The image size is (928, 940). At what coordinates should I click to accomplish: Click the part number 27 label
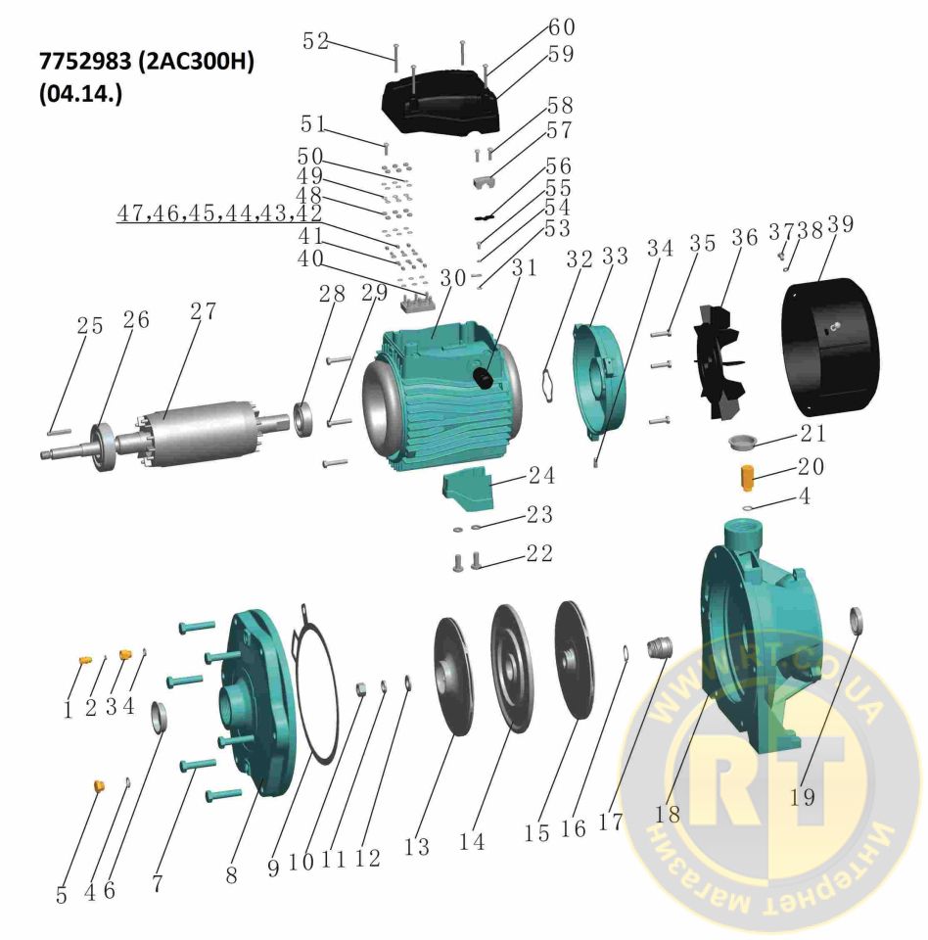204,312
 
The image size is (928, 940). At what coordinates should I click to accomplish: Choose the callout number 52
315,41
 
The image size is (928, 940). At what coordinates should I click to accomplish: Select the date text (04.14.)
80,98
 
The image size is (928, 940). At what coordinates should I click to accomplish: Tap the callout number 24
542,476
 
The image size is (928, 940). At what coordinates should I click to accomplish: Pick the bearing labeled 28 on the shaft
304,415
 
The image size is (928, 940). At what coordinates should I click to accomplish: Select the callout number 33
614,257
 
